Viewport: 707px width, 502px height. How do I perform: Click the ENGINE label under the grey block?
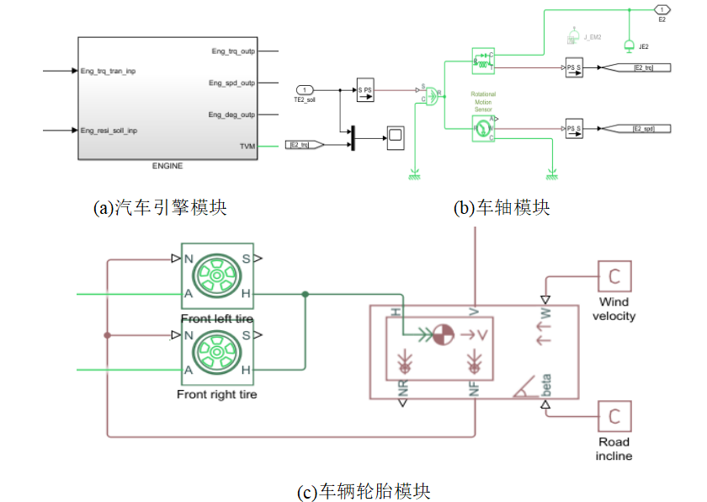tap(167, 166)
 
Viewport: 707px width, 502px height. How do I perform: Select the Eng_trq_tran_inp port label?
tap(108, 71)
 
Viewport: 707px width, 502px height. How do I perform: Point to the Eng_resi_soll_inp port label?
tap(109, 131)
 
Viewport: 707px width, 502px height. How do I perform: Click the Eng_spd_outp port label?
tap(231, 83)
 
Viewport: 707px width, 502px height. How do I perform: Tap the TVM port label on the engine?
tap(247, 146)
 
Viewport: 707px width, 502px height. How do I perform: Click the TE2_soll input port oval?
tap(305, 89)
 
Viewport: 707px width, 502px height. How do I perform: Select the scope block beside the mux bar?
tap(396, 137)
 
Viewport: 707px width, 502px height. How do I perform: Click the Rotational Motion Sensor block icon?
tap(483, 129)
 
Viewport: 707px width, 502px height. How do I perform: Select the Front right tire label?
tap(216, 393)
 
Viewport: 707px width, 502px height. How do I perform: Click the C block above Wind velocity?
tap(614, 275)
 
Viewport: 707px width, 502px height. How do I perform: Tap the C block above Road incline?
tap(614, 415)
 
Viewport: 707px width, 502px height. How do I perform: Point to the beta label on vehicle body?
tap(547, 384)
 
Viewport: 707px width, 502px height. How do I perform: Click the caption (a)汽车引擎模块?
tap(160, 207)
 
